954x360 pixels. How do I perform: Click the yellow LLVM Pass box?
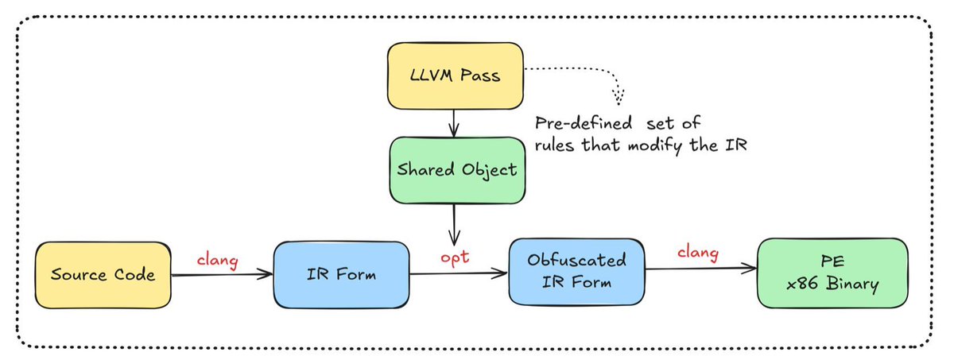[x=456, y=77]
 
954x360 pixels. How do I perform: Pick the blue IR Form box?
[x=339, y=275]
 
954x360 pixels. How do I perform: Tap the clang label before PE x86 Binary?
[x=697, y=254]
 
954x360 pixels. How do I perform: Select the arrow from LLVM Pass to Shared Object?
[x=454, y=122]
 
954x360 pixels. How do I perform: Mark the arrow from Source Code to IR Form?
[x=220, y=275]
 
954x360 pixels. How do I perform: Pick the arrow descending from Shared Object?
[x=455, y=226]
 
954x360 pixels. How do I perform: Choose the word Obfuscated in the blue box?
[x=576, y=259]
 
